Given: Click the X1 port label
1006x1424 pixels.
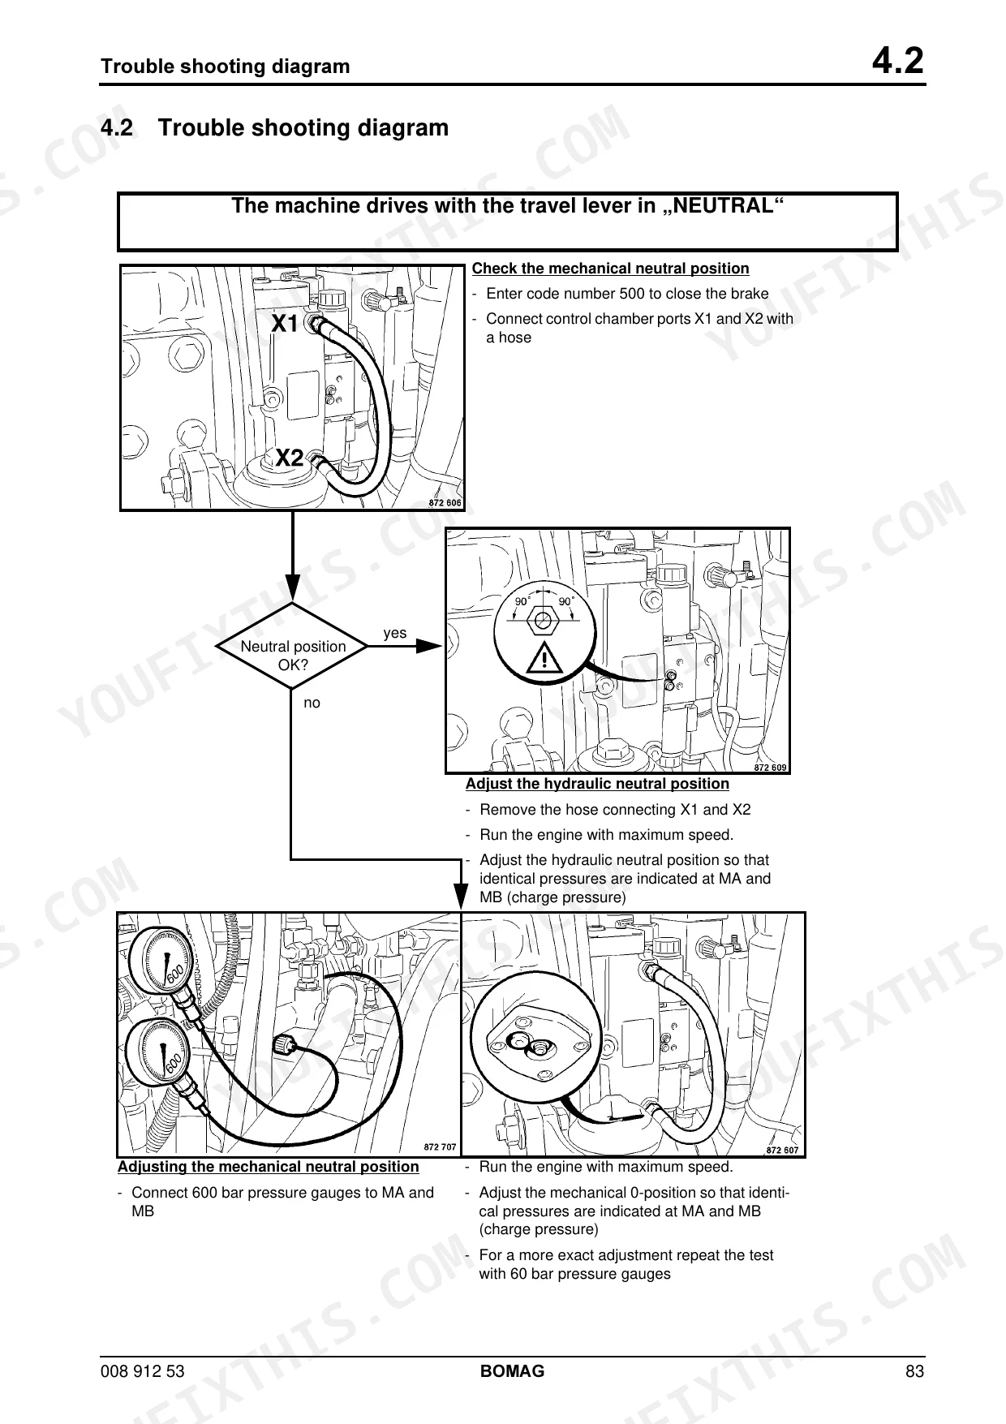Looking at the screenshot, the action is pos(285,325).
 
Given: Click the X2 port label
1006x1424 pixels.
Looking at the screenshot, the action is pos(289,458).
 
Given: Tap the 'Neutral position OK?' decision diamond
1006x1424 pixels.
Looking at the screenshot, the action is pos(293,647).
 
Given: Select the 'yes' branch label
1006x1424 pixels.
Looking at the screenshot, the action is pos(395,633).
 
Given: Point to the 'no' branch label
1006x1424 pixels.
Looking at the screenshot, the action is pos(312,703).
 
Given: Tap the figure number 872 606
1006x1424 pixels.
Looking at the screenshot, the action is pos(445,503).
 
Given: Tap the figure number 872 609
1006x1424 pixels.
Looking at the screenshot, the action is pos(771,767).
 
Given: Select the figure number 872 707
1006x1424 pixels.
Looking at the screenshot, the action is pos(441,1147).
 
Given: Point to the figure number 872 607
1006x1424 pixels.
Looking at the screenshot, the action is pos(783,1150).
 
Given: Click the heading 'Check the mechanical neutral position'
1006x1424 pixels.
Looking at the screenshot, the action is pos(611,269).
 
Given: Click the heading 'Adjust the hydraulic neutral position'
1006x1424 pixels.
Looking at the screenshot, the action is pos(597,784).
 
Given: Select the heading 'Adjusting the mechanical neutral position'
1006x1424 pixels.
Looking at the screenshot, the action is pos(269,1167).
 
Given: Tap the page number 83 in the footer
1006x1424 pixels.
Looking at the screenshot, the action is pos(915,1371).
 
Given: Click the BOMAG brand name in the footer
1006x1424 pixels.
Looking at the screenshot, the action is pos(513,1371).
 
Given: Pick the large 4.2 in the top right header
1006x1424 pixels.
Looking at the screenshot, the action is pos(898,62).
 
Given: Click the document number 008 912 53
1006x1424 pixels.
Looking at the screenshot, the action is pos(143,1371).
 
